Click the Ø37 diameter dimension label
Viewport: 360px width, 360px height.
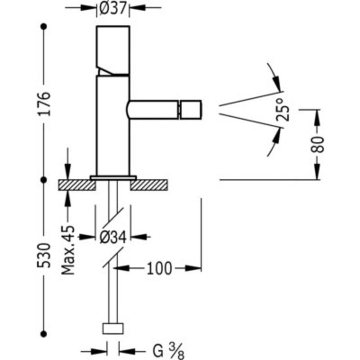click(x=113, y=8)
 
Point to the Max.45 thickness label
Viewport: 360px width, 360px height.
click(x=68, y=250)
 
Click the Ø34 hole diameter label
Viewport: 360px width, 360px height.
click(x=112, y=237)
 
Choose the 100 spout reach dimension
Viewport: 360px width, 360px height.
click(x=159, y=268)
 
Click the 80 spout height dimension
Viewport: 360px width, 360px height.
click(x=318, y=144)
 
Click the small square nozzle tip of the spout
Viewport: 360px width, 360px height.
click(x=191, y=110)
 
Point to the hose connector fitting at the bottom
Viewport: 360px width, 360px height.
click(x=113, y=329)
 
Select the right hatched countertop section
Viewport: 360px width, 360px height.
click(x=149, y=185)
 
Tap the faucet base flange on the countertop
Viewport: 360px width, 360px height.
click(x=113, y=177)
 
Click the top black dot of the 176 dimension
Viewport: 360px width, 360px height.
click(x=44, y=26)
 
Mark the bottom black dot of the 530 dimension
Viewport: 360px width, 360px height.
click(x=44, y=334)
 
